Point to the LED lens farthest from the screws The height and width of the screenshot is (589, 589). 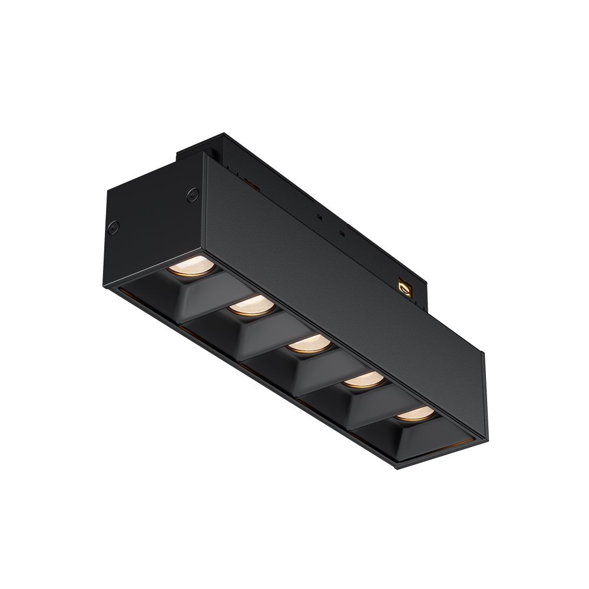(x=412, y=415)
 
